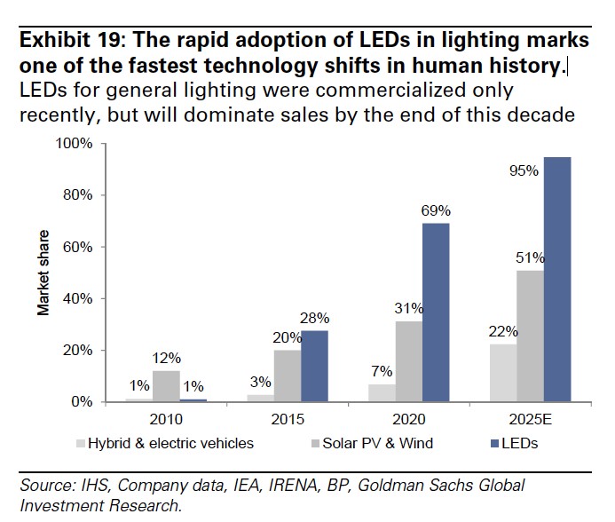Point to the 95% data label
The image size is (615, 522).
tap(524, 171)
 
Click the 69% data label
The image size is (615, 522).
tap(436, 211)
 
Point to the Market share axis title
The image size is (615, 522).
tap(42, 273)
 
